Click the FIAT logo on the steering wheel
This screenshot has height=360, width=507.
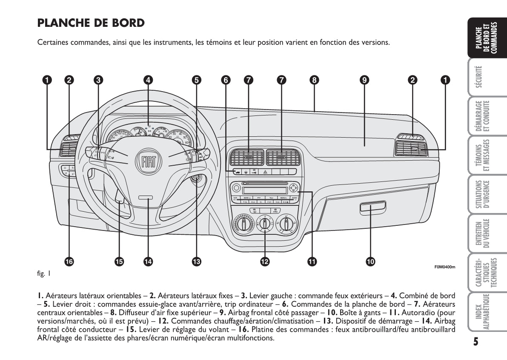click(x=149, y=161)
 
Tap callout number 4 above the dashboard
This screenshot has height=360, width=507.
click(x=148, y=79)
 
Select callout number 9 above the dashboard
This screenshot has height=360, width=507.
click(x=364, y=79)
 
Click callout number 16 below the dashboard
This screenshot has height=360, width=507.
click(x=69, y=262)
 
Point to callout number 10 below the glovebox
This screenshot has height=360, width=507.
click(x=370, y=262)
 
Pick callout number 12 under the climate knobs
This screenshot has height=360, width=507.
click(x=264, y=262)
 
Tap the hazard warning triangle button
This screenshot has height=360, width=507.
click(x=265, y=172)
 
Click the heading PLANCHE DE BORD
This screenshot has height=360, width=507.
click(x=91, y=23)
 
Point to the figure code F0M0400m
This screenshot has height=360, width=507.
click(x=445, y=267)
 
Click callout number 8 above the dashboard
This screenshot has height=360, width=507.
click(x=314, y=79)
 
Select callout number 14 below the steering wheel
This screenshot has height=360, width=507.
click(x=148, y=262)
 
